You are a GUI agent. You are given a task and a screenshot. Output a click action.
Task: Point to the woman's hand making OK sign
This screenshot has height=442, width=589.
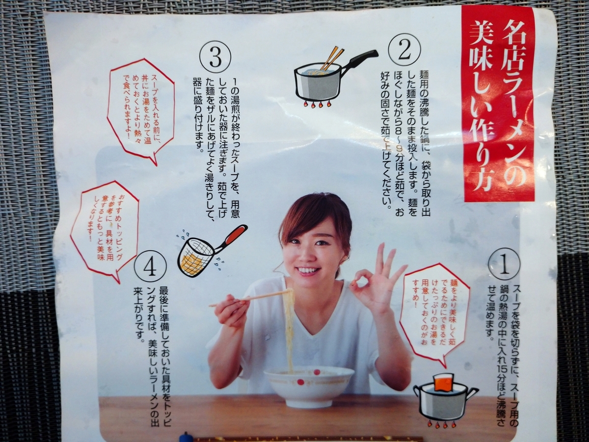(378, 285)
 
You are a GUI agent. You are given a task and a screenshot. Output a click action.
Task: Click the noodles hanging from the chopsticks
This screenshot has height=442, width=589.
(289, 329)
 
